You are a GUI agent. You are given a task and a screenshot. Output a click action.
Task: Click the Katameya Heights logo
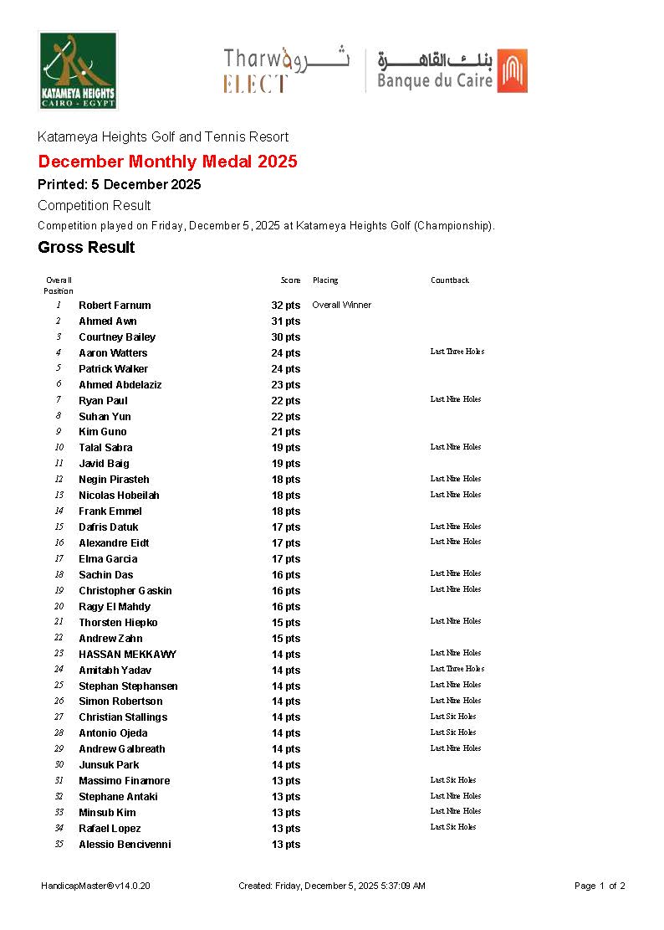click(x=78, y=70)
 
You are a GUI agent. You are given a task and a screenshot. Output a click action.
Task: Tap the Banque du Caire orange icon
click(x=512, y=70)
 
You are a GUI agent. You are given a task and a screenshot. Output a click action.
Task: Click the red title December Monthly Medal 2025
click(x=167, y=162)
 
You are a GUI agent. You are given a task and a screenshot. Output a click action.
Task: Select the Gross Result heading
click(x=86, y=247)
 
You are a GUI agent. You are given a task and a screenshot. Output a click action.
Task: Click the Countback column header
click(x=450, y=280)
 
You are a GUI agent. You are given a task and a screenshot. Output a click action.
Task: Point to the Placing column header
click(x=325, y=280)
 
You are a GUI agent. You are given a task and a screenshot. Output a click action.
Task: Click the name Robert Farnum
click(x=115, y=306)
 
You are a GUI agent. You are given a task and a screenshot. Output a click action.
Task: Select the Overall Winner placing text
click(x=341, y=305)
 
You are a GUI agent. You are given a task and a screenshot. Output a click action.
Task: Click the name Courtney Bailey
click(x=117, y=337)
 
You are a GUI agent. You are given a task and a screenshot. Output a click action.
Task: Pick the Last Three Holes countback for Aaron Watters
click(x=457, y=352)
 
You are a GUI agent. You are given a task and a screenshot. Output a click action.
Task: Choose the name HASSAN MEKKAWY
click(x=127, y=655)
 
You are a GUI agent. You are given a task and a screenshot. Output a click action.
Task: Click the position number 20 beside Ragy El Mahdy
click(x=59, y=607)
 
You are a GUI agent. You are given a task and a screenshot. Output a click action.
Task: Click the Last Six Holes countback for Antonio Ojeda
click(x=453, y=732)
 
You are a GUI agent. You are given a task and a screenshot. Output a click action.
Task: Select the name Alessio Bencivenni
click(x=125, y=845)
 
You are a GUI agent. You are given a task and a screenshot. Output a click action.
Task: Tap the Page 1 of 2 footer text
click(x=600, y=886)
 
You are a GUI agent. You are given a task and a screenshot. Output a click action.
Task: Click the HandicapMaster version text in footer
click(x=95, y=886)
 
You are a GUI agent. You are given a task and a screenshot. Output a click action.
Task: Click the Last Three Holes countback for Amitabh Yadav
click(x=457, y=669)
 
